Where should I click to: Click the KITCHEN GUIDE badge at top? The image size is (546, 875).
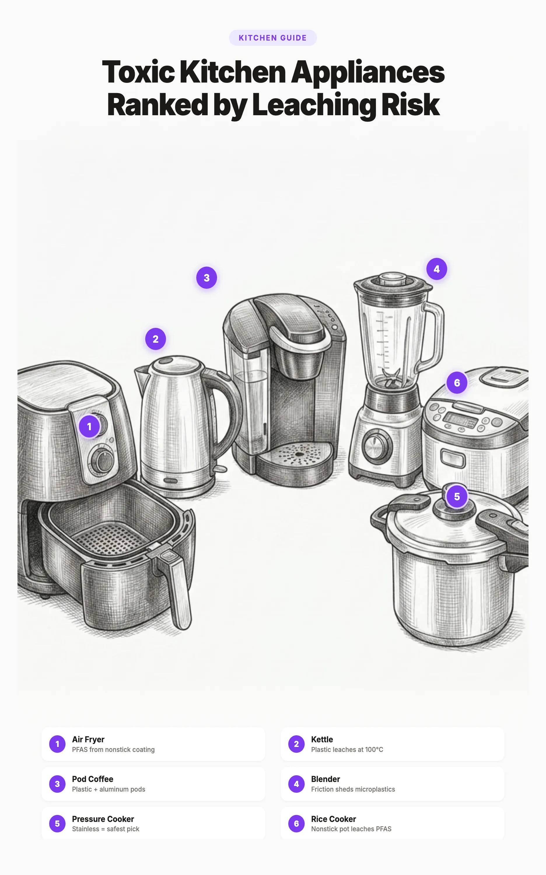[273, 38]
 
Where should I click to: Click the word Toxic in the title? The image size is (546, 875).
[138, 72]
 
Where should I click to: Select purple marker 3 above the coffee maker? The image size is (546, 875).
[206, 278]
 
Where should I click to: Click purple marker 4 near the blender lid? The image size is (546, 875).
[437, 269]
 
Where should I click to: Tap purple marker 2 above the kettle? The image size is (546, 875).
[156, 339]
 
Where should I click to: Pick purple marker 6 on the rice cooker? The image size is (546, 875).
[457, 383]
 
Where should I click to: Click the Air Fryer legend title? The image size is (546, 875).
[88, 739]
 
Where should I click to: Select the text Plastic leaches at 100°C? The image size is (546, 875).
[347, 749]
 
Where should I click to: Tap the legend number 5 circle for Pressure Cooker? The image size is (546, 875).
[57, 823]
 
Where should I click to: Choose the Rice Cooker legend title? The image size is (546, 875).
[333, 819]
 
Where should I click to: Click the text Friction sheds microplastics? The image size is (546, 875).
[353, 789]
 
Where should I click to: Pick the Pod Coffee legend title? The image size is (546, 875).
[92, 779]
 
